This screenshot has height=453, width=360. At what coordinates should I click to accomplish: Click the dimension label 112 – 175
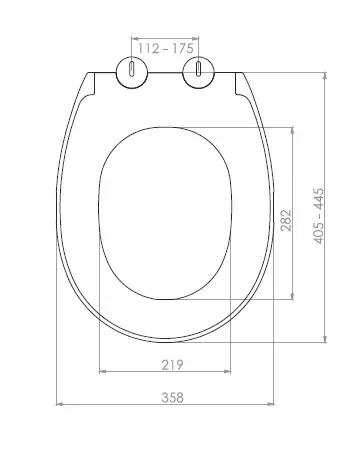click(166, 49)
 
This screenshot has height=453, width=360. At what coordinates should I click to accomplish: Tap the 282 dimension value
click(286, 220)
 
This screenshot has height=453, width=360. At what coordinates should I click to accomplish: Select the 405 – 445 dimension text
click(318, 216)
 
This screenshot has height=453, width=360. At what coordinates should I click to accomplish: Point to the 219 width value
click(172, 365)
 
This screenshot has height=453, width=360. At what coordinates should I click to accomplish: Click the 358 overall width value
click(172, 397)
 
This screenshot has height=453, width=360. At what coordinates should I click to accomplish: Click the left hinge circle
click(132, 72)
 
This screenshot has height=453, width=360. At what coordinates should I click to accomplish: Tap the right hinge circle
click(198, 72)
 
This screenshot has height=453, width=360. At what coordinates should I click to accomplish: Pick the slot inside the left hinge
click(132, 68)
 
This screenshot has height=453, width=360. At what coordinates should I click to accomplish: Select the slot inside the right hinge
click(198, 68)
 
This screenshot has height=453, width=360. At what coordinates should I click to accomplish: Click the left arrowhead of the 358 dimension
click(59, 404)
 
